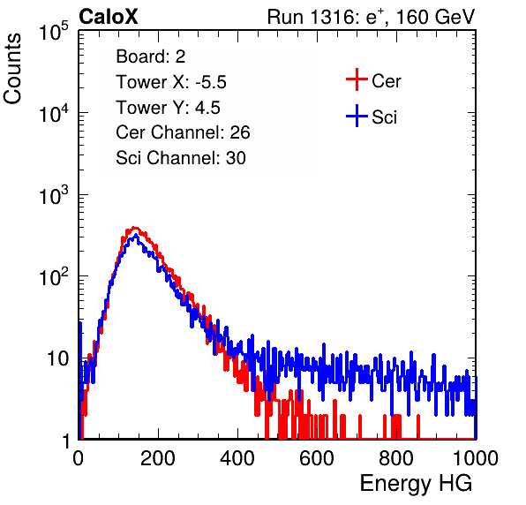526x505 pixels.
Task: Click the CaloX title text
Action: [x=109, y=17]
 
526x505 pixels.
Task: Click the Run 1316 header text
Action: [x=371, y=17]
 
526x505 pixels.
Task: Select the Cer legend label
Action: [x=386, y=81]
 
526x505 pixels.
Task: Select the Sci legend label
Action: [x=384, y=117]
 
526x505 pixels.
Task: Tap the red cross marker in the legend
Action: [x=357, y=79]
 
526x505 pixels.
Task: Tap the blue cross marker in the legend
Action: [x=357, y=116]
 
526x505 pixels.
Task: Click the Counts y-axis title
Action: [x=12, y=69]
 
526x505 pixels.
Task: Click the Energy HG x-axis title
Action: [x=416, y=484]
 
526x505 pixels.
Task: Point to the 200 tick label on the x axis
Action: [x=158, y=458]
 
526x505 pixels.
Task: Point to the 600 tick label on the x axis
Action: [x=317, y=458]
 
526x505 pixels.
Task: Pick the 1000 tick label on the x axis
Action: [x=476, y=458]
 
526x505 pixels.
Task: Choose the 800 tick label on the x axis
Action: [x=396, y=458]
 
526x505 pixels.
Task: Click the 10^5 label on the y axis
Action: [x=54, y=32]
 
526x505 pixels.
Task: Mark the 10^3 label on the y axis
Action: [x=54, y=195]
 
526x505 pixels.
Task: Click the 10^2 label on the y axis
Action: [x=54, y=277]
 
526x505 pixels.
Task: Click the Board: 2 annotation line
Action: [x=151, y=57]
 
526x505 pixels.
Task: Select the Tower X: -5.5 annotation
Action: [x=171, y=82]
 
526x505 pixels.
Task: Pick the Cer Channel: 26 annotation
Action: [x=183, y=132]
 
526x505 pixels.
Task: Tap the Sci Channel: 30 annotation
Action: [x=181, y=158]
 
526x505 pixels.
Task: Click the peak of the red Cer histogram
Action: [x=134, y=228]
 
